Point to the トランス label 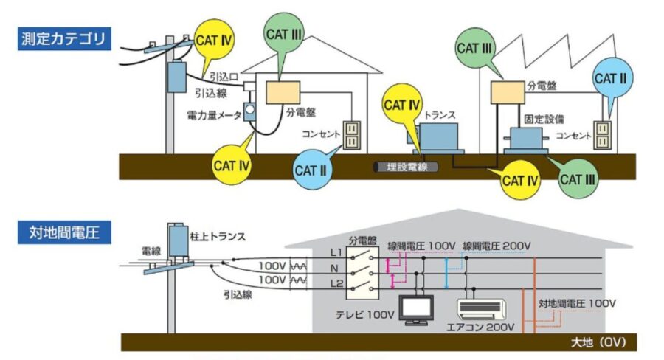[x=440, y=116]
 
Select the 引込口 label [x=221, y=76]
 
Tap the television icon [x=416, y=310]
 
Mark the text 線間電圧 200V [x=497, y=246]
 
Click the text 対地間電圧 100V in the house [x=576, y=303]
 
